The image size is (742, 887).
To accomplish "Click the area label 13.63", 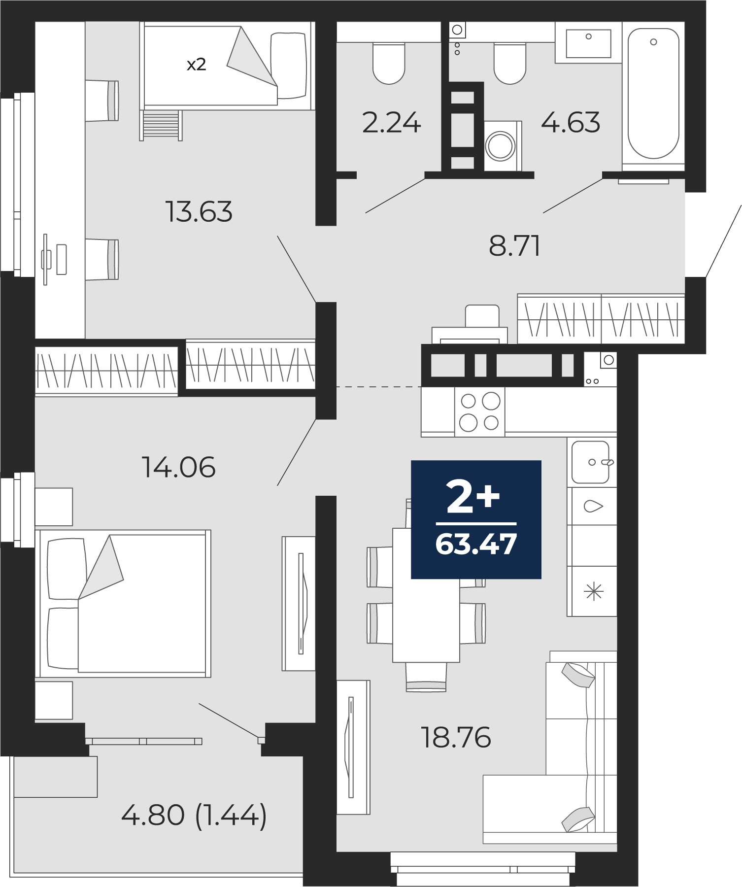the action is (199, 211).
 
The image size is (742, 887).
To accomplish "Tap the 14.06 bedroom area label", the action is (178, 467).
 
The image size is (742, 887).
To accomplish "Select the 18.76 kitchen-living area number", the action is (456, 737).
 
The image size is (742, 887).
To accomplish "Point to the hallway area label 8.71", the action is (514, 245).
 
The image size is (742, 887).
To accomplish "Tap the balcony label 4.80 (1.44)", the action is (194, 816).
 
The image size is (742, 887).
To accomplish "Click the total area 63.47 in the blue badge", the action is (476, 544).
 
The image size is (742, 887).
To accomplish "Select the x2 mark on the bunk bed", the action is (196, 65).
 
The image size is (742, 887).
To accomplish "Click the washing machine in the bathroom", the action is (503, 146).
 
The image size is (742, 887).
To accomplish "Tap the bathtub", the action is (653, 94).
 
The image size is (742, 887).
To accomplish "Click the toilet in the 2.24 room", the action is (389, 63).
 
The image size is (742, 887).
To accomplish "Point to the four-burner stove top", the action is (479, 411).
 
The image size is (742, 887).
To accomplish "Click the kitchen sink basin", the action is (590, 462).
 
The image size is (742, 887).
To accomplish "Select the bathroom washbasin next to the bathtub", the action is (588, 43).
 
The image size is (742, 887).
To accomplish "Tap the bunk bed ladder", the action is (161, 125).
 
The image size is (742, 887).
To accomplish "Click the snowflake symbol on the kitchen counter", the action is (594, 591).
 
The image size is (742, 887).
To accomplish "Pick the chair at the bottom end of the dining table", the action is (426, 677).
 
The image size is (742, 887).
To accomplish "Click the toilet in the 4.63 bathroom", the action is (509, 63).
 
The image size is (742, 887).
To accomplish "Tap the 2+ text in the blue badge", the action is (473, 496).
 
